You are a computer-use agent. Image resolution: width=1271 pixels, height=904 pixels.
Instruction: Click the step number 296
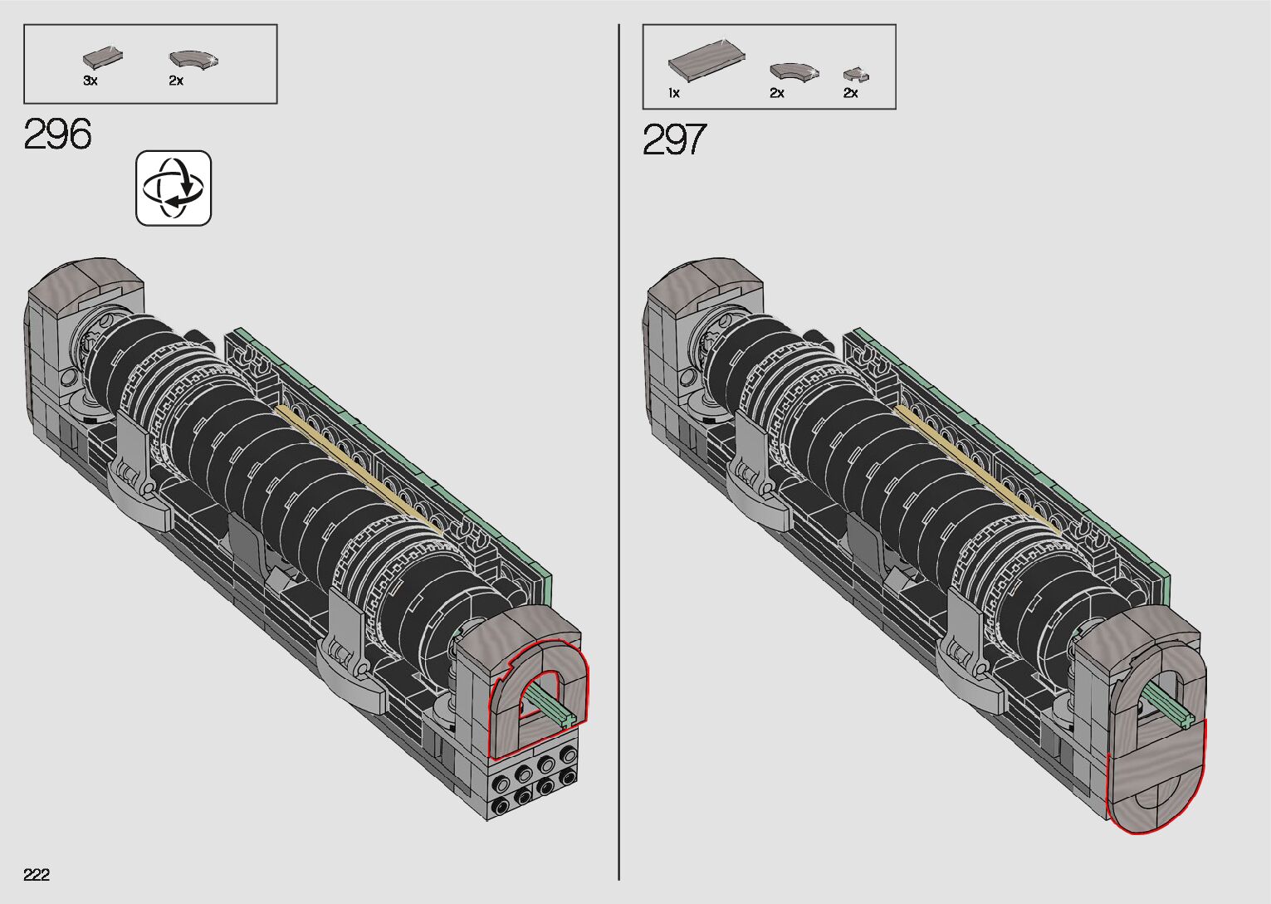click(x=57, y=134)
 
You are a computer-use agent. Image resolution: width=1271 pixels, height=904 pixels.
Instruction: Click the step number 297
click(x=675, y=139)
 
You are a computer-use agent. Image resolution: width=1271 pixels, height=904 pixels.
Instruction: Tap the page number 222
click(x=37, y=874)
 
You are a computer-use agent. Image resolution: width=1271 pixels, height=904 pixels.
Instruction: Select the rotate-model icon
click(x=174, y=188)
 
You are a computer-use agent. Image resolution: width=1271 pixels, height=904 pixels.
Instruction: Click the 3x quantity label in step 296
click(x=90, y=81)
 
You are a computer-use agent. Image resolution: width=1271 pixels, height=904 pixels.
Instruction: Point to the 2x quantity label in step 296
click(x=176, y=81)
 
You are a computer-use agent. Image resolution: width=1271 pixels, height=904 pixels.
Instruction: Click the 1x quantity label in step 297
click(x=674, y=93)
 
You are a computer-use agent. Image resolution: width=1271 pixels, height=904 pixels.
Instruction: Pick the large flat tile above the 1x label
click(x=706, y=61)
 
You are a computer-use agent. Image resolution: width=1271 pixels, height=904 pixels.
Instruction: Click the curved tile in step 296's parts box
click(x=193, y=60)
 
